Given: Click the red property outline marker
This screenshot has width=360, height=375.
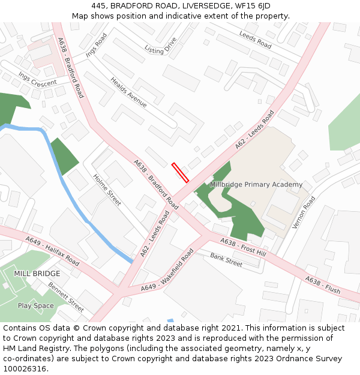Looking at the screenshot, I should pos(180,172).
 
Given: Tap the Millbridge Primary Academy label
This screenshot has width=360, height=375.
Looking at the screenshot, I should pos(257,184).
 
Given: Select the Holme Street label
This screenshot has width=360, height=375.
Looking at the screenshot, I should pos(107,190).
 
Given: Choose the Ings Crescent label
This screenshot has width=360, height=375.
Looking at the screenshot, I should pos(37,79).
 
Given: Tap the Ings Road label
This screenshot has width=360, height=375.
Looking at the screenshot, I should pos(96,45).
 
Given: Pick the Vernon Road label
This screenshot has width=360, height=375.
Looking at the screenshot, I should pos(304,212).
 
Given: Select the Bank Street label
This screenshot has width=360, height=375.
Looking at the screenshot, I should pos(226,260).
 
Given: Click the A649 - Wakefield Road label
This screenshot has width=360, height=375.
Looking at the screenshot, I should pos(168,271).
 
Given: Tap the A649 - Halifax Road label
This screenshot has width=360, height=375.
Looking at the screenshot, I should pos(53,251).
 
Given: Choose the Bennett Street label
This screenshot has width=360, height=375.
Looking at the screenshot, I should pos(66,296).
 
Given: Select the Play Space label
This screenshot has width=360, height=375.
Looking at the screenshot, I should pos(35,305).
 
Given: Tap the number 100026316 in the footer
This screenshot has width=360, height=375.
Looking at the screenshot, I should pos(25,368).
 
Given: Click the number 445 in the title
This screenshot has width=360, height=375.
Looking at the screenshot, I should pos(99,6).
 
